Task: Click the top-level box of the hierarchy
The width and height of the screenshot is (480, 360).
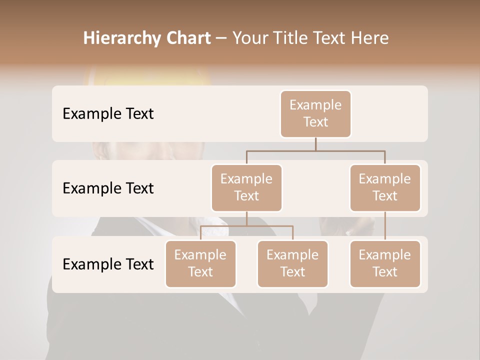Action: (315, 114)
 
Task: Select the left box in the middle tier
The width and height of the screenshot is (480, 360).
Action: (246, 188)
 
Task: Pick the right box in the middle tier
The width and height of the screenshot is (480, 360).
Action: (385, 188)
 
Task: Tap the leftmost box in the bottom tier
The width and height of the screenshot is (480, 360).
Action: (200, 264)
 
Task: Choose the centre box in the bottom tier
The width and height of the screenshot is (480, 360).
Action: (292, 264)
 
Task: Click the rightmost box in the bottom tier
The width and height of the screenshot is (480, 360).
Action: (385, 264)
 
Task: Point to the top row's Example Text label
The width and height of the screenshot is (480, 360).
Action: (108, 114)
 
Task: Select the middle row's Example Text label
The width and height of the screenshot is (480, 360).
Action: (108, 188)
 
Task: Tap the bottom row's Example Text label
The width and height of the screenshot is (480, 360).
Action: (108, 264)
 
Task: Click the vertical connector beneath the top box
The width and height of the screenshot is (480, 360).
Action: (315, 144)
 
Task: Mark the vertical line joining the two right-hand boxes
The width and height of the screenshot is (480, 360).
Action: (385, 226)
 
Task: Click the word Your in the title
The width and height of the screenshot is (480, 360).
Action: (249, 38)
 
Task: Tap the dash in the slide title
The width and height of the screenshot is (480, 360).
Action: (221, 38)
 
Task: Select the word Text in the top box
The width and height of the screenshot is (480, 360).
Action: (315, 122)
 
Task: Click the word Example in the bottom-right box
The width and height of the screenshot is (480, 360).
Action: (385, 255)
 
